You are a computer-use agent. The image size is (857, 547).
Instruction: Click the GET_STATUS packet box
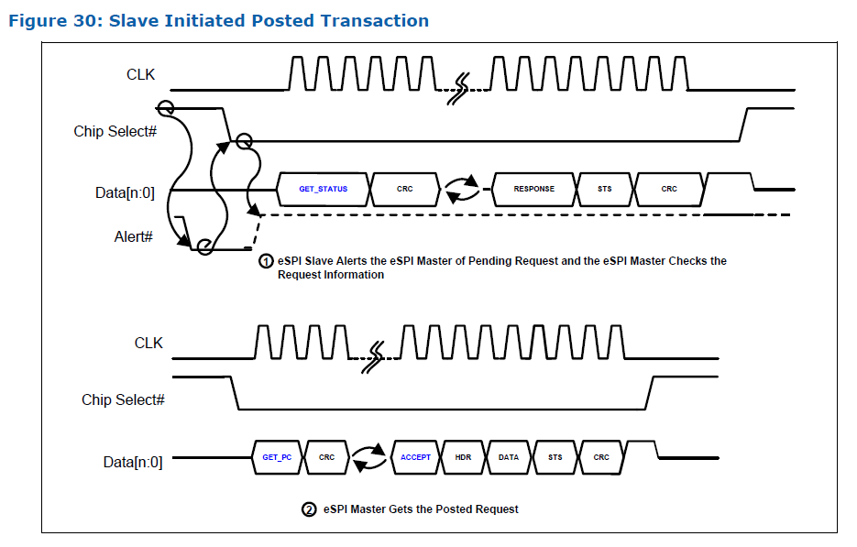coord(323,189)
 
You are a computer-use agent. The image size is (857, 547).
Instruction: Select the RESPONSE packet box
coord(533,189)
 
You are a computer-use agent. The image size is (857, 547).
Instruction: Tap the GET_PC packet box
coord(276,457)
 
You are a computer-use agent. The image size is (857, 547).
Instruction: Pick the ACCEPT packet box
coord(415,457)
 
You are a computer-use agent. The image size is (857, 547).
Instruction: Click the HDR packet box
coord(463,457)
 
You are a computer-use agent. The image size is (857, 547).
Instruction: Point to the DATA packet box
coord(509,457)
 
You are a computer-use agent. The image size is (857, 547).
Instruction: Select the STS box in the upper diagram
coord(604,189)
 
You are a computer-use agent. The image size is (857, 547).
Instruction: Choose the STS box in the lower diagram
coord(555,457)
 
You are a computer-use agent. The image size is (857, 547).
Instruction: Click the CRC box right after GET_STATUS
coord(404,189)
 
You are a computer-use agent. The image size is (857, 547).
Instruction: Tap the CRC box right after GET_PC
coord(326,457)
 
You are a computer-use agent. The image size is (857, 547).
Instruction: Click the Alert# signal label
coord(133,237)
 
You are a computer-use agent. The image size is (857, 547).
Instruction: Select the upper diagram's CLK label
coord(141,74)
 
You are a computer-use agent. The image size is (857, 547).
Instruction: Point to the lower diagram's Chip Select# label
coord(123,399)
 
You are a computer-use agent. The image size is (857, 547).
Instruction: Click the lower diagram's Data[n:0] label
coord(133,463)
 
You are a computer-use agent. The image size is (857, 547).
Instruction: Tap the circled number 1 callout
coord(266,261)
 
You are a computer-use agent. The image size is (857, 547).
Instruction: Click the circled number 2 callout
coord(309,509)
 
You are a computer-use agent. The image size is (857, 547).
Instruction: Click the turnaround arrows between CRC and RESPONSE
coord(463,190)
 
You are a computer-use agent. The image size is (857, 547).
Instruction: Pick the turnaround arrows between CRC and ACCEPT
coord(369,457)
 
